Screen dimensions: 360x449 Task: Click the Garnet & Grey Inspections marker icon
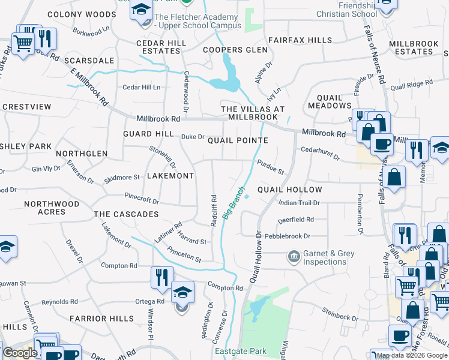[294, 257]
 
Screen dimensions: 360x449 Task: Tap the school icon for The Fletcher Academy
[142, 11]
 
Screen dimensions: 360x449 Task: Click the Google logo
[20, 353]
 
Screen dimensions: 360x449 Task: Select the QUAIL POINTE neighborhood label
[237, 140]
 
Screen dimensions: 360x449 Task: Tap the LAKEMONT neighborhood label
[170, 176]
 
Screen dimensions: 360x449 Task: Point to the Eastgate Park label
[240, 351]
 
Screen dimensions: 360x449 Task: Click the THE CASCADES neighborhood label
[126, 214]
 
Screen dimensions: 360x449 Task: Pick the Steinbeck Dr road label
[340, 311]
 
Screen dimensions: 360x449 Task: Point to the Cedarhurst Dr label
[321, 154]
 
